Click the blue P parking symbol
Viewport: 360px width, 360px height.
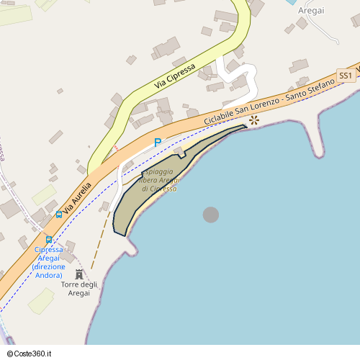[x=158, y=143]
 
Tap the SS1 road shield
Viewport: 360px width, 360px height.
[x=346, y=76]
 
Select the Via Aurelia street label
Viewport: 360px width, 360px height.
[x=78, y=197]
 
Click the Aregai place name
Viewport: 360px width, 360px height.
[x=310, y=10]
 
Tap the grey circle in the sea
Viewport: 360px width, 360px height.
[x=210, y=215]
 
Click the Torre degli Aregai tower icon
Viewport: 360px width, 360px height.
[x=79, y=274]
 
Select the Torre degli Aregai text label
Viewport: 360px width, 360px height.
[x=79, y=289]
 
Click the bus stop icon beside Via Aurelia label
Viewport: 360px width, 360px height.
[x=58, y=214]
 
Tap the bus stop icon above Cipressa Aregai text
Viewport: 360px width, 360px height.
[x=49, y=239]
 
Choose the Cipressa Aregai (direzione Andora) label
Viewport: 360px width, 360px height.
[x=49, y=262]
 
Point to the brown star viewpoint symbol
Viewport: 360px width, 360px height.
[x=253, y=120]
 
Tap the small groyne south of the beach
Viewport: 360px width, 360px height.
[x=130, y=247]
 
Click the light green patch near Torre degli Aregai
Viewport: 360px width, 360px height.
[x=41, y=300]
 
